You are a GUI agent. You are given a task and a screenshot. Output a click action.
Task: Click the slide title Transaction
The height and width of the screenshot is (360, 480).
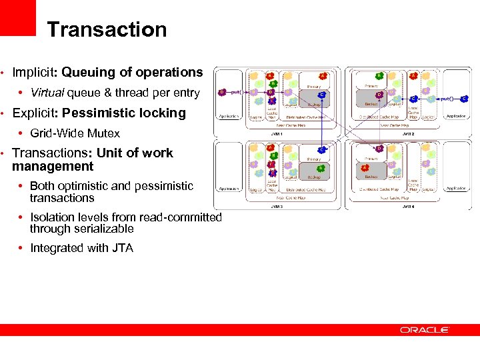point(107,30)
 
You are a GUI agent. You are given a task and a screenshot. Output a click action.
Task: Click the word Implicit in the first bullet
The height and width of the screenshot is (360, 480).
point(31,72)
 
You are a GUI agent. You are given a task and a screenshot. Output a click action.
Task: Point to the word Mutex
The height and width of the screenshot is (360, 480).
point(105,133)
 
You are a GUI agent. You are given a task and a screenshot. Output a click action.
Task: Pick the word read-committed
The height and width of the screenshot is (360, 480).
point(186,217)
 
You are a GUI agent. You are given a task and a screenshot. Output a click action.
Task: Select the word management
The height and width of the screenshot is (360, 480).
point(53,166)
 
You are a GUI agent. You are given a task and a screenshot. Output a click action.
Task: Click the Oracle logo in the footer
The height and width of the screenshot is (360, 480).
point(425,330)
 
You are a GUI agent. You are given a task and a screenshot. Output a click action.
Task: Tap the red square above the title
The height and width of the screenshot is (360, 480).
point(17,17)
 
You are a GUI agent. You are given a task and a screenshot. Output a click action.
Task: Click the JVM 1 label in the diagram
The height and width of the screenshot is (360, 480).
point(277,134)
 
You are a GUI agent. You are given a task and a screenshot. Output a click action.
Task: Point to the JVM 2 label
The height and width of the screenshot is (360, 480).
point(407,134)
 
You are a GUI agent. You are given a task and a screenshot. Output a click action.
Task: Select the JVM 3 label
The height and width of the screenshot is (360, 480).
point(277,206)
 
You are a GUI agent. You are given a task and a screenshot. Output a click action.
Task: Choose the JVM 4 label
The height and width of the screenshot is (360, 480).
point(407,206)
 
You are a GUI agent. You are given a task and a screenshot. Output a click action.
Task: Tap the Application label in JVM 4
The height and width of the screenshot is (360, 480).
point(455,189)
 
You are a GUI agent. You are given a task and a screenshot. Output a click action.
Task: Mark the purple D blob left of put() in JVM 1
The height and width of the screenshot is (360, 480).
point(223,93)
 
